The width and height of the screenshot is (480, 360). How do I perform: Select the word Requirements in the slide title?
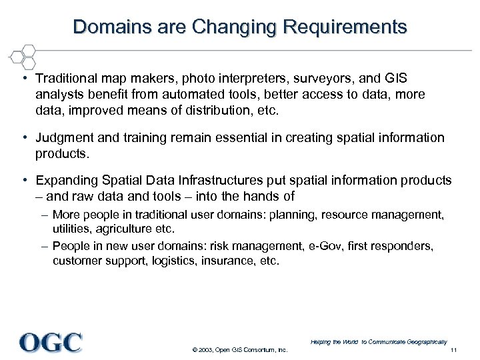point(345,27)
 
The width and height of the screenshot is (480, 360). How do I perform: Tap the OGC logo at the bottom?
point(51,342)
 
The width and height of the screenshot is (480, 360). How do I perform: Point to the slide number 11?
point(453,351)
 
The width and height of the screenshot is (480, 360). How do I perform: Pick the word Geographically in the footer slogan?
point(424,341)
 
